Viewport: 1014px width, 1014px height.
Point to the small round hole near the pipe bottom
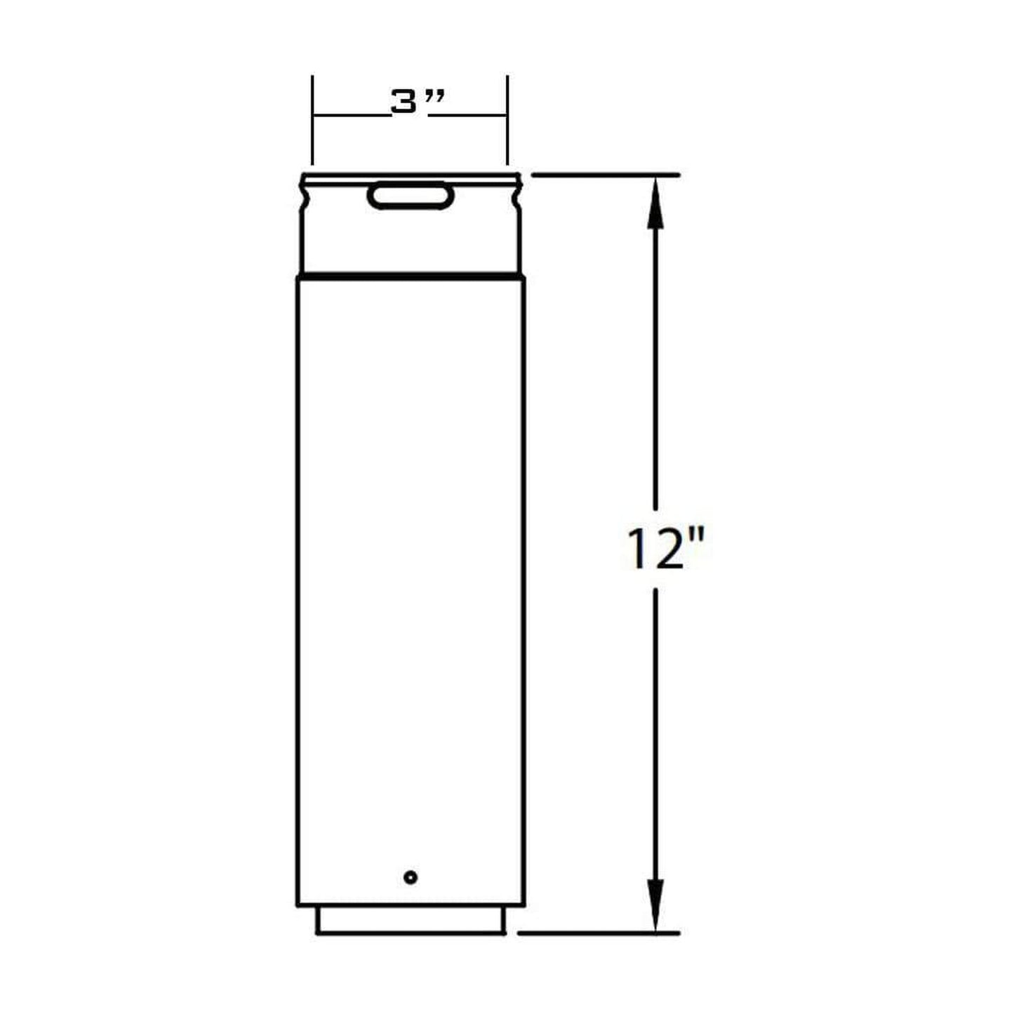coord(411,876)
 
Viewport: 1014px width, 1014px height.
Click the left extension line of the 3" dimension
coord(312,119)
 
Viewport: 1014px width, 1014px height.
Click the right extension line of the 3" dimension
coord(507,119)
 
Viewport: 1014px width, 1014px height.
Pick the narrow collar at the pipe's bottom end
coord(411,921)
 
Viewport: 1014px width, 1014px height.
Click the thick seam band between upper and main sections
coord(411,274)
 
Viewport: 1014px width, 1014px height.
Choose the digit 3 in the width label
coord(403,103)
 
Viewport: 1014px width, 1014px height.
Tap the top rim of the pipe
coord(411,175)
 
